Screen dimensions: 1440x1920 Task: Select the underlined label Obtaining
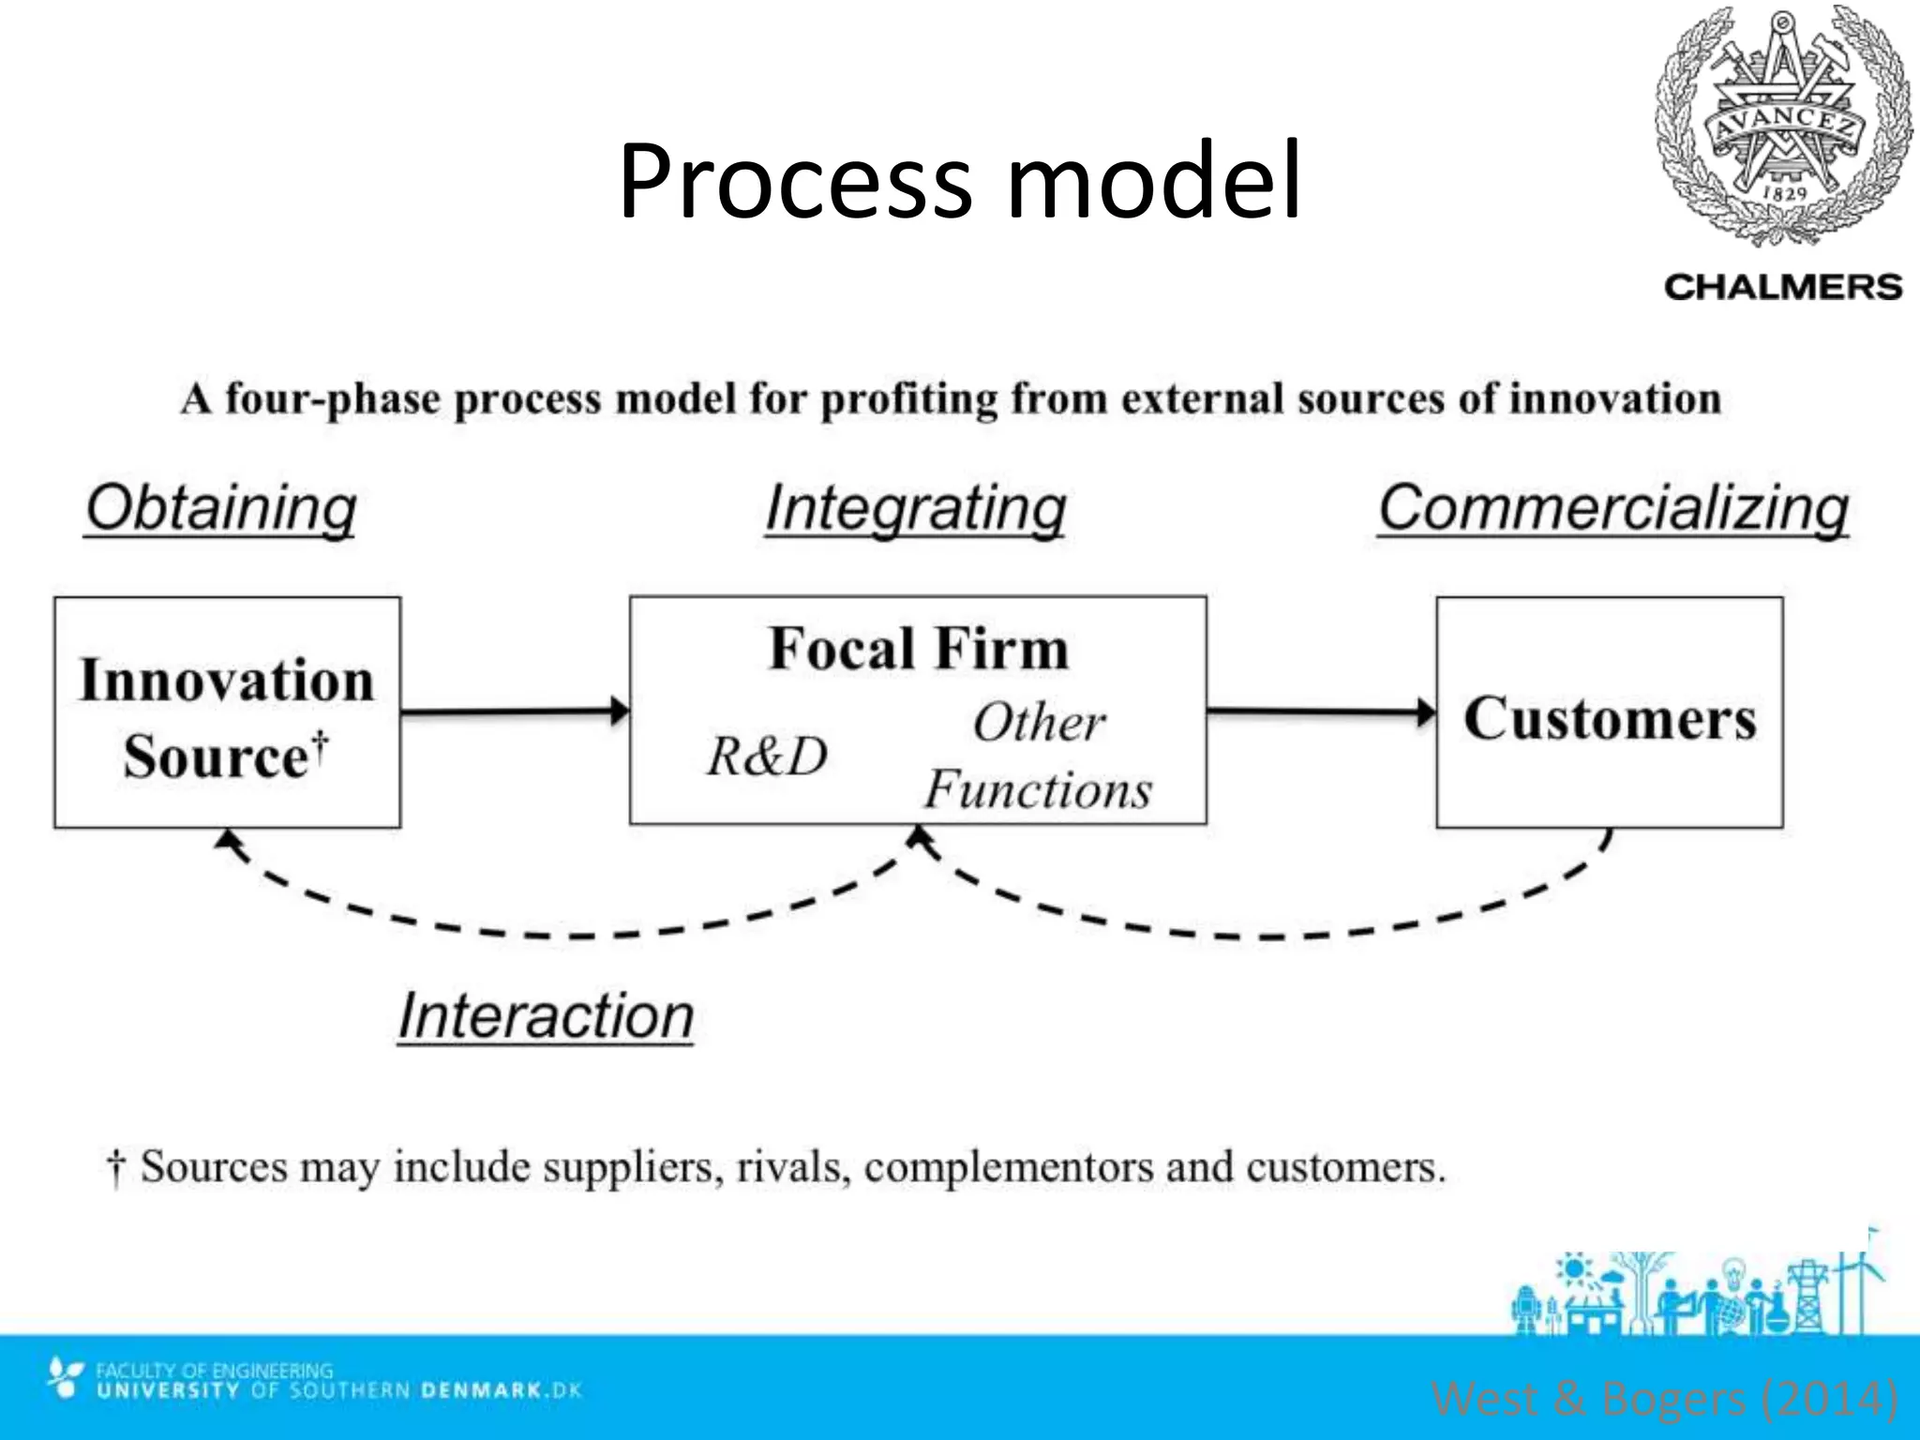pos(221,508)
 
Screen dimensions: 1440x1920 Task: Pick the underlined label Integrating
pos(916,508)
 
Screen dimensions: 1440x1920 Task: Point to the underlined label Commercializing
pos(1613,508)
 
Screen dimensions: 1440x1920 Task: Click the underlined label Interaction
pos(546,1015)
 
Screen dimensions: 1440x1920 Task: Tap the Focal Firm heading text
pos(918,649)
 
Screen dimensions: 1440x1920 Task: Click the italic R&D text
pos(767,756)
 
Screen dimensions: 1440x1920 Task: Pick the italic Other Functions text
pos(1039,756)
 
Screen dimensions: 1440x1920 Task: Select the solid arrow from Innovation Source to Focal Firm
pos(514,712)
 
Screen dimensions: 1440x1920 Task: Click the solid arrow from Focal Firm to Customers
pos(1320,712)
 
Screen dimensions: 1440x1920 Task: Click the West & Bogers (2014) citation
pos(1665,1398)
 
